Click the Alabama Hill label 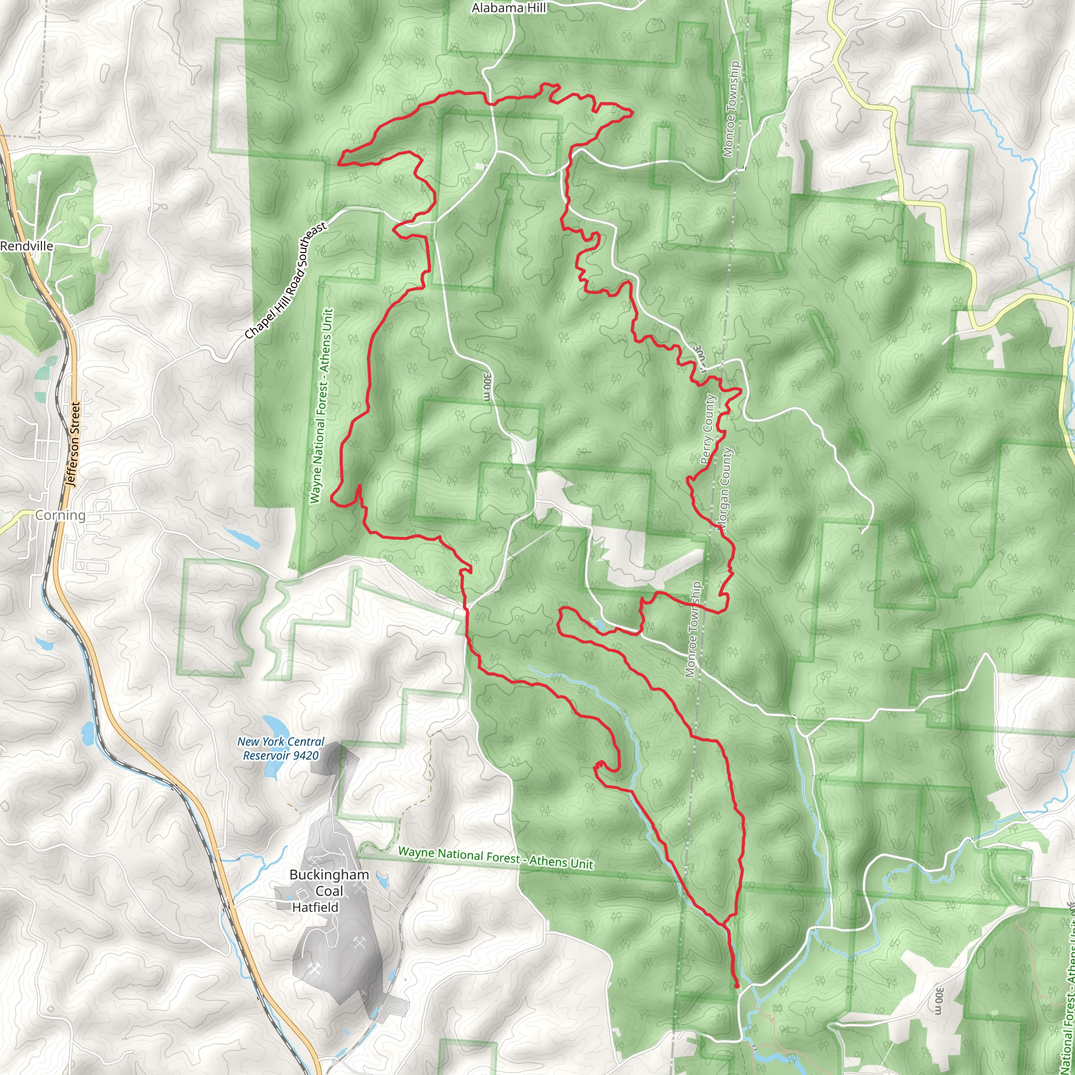pyautogui.click(x=509, y=8)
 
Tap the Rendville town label pyautogui.click(x=27, y=246)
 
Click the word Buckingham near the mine pyautogui.click(x=329, y=874)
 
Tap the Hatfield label pyautogui.click(x=315, y=907)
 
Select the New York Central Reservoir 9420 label pyautogui.click(x=280, y=749)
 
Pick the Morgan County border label pyautogui.click(x=724, y=489)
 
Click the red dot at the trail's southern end pyautogui.click(x=737, y=986)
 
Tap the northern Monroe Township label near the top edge pyautogui.click(x=731, y=109)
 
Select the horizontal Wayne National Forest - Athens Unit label pyautogui.click(x=496, y=858)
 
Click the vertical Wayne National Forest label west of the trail pyautogui.click(x=322, y=406)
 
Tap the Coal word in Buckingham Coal pyautogui.click(x=328, y=891)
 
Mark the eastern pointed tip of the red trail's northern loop pyautogui.click(x=633, y=113)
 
